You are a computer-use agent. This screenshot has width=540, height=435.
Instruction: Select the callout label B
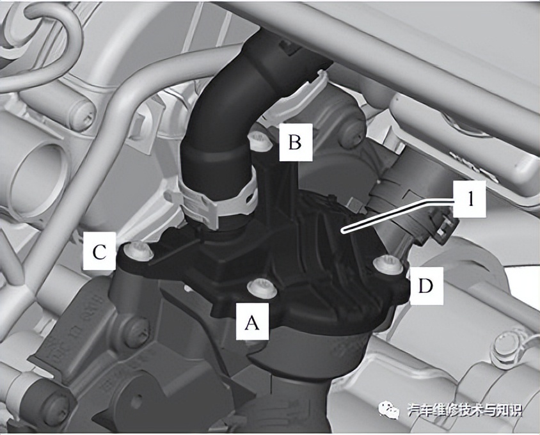(x=296, y=142)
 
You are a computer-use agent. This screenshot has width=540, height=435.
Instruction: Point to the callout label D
(x=425, y=286)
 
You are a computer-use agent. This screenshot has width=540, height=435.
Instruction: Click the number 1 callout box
(x=470, y=199)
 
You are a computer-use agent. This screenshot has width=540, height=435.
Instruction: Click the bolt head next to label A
(x=262, y=288)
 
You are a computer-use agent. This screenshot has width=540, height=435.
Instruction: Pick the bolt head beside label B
(x=260, y=141)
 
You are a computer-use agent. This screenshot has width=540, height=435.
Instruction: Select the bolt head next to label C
(x=139, y=249)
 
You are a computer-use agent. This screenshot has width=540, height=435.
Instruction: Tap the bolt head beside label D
(x=388, y=264)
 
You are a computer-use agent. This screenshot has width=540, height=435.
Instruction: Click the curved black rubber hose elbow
(x=241, y=114)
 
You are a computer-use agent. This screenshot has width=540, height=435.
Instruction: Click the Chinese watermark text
(x=465, y=410)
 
